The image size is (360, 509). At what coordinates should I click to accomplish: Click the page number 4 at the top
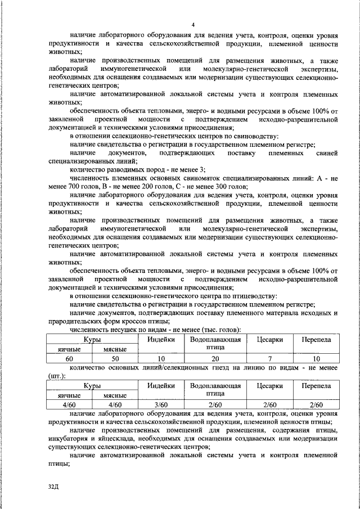193,24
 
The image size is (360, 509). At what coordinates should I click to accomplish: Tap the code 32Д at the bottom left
53,486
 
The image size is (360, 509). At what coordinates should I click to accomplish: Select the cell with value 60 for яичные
70,358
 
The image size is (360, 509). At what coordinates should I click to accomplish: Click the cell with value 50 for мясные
115,358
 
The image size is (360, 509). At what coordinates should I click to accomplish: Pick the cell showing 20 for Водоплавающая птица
215,358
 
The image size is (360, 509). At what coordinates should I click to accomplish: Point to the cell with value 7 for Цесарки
269,358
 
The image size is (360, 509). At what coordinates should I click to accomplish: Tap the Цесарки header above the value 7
269,340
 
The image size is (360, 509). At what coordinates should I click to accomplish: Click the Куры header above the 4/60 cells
92,386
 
